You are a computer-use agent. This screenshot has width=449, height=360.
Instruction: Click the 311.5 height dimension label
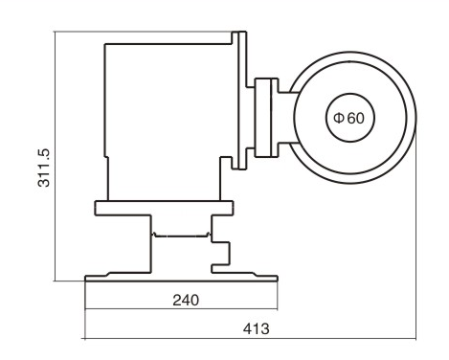(x=44, y=168)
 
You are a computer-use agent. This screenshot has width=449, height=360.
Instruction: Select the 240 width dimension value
(x=186, y=301)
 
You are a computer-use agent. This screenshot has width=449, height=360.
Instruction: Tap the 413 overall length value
(x=256, y=328)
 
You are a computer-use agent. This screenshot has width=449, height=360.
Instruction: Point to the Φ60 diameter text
(x=348, y=118)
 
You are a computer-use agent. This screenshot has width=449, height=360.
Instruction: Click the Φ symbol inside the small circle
(x=339, y=118)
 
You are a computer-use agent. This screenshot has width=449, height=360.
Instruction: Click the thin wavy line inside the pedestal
(x=181, y=236)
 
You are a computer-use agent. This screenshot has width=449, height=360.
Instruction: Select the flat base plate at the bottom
(x=181, y=277)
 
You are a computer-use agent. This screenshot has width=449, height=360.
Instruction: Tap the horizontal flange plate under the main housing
(x=164, y=208)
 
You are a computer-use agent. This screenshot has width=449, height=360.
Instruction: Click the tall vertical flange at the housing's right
(x=242, y=101)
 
